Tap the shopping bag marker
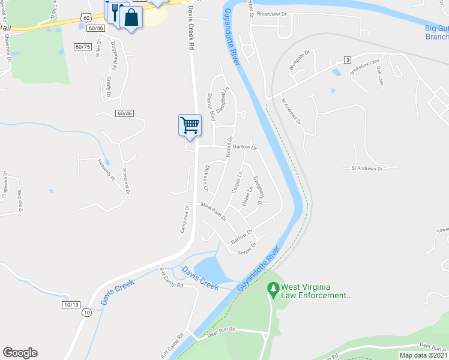(130, 17)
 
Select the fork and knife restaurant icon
(114, 11)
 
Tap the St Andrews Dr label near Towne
(367, 169)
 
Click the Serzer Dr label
(246, 248)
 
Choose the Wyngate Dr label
(298, 61)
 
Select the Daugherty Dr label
(258, 191)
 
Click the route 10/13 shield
(71, 305)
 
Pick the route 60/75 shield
(83, 47)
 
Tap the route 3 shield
(347, 59)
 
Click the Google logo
(20, 353)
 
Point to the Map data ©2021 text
(423, 355)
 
